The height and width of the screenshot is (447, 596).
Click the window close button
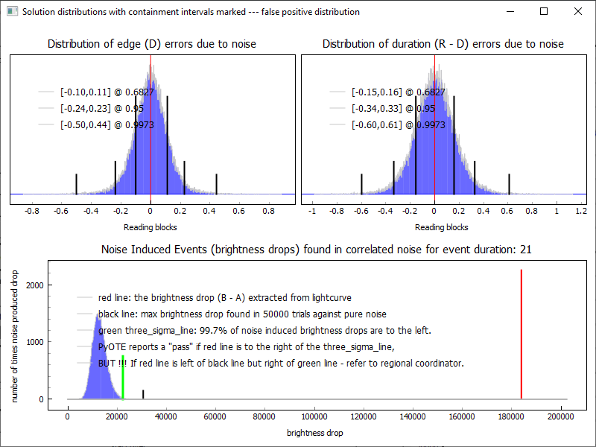(x=578, y=11)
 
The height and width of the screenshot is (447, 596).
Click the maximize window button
(x=544, y=11)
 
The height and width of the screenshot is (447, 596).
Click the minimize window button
(x=510, y=11)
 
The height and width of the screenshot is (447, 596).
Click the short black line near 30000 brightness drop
(x=143, y=394)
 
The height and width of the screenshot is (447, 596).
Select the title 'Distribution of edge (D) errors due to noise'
(x=152, y=44)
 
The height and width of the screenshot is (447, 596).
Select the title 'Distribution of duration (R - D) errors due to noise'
(x=443, y=44)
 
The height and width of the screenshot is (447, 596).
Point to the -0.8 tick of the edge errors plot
(x=31, y=212)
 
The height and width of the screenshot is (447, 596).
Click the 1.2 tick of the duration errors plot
(x=581, y=212)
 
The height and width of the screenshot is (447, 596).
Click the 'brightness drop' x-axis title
(x=315, y=432)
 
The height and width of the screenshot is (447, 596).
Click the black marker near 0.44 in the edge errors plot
(x=216, y=184)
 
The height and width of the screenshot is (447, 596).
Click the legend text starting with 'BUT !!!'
(x=281, y=364)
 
